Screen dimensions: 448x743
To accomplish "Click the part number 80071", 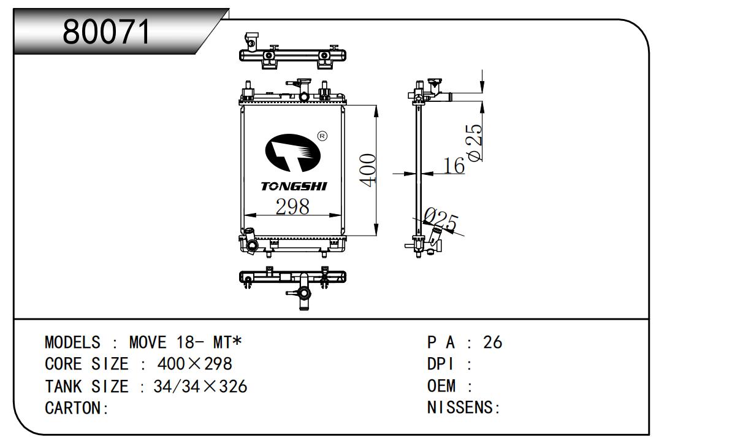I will click(x=107, y=32).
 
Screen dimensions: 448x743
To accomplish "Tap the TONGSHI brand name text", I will click(x=294, y=186).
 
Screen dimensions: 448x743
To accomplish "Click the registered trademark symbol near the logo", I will click(x=322, y=136).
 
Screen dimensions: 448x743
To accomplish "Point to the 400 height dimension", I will click(x=367, y=170).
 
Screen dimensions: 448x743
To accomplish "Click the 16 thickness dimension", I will click(x=454, y=165).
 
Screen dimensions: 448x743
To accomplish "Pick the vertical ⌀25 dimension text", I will click(x=474, y=142).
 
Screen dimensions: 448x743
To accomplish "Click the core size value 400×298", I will click(x=195, y=365).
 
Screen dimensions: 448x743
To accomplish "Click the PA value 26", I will click(x=492, y=342).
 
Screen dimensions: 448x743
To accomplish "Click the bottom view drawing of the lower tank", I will click(x=293, y=283).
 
